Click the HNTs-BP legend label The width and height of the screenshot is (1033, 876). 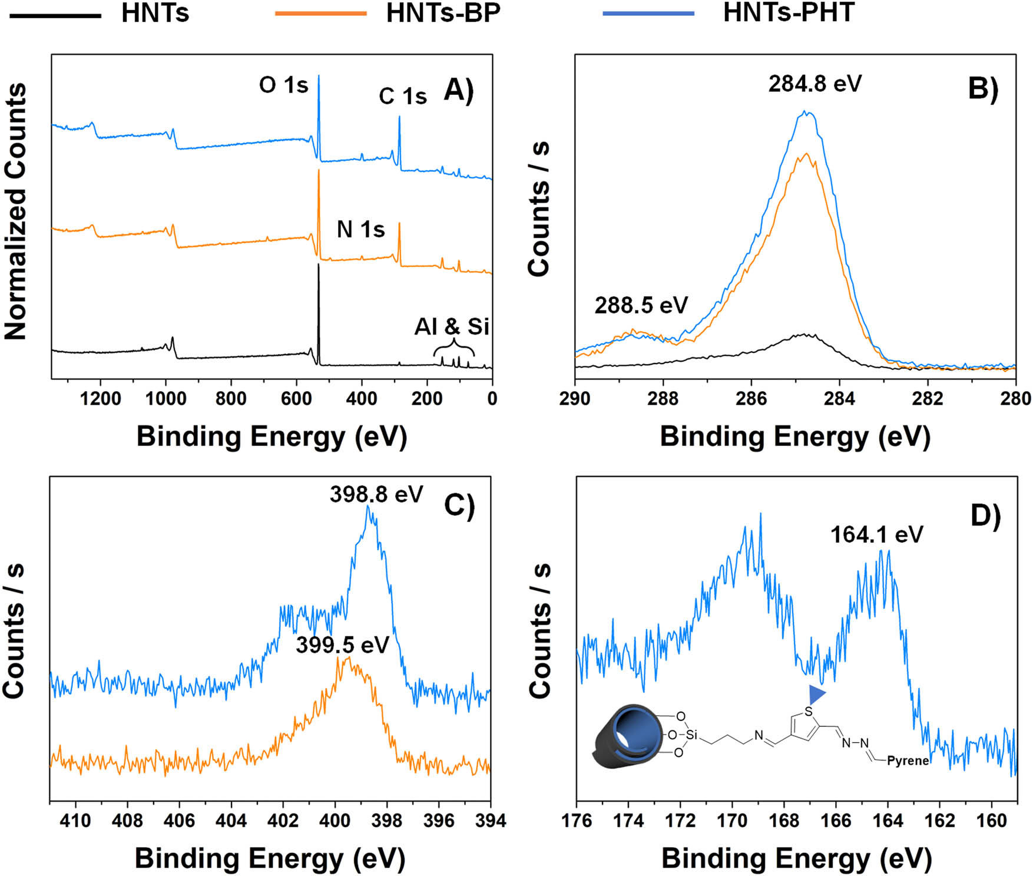click(x=443, y=13)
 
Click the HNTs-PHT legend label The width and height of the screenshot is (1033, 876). click(x=788, y=13)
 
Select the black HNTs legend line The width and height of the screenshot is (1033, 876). click(x=55, y=14)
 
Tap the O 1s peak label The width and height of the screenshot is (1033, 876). click(x=283, y=85)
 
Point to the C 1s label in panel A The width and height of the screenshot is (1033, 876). click(x=402, y=96)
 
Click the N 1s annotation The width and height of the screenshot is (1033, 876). click(x=360, y=229)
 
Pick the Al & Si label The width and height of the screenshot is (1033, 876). click(x=452, y=326)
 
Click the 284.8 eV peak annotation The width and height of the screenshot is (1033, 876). click(x=815, y=84)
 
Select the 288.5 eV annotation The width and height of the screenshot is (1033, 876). click(x=641, y=305)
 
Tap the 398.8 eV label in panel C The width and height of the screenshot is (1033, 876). click(x=376, y=495)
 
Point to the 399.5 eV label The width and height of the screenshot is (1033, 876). click(x=342, y=645)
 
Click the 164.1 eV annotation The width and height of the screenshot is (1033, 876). click(x=876, y=535)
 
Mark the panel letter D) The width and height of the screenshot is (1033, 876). click(x=985, y=517)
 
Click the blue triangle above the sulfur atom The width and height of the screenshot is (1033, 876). click(x=816, y=693)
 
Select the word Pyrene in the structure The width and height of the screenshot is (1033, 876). click(x=908, y=761)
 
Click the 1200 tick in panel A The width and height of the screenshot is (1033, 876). click(x=101, y=399)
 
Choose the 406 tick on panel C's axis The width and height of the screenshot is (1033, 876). click(x=180, y=821)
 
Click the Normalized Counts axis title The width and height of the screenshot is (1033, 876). click(x=16, y=211)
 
